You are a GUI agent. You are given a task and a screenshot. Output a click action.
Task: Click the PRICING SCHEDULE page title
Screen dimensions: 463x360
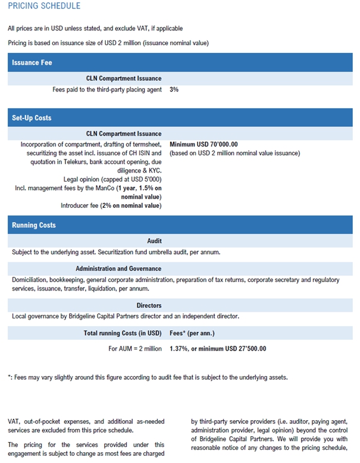click(x=44, y=6)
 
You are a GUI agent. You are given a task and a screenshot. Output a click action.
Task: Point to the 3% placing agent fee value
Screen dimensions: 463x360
click(x=174, y=89)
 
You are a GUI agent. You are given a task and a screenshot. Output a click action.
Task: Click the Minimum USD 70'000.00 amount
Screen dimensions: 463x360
click(x=204, y=144)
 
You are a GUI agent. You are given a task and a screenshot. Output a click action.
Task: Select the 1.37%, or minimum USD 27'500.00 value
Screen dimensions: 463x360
click(x=218, y=349)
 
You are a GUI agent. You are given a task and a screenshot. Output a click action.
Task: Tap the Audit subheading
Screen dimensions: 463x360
click(x=154, y=241)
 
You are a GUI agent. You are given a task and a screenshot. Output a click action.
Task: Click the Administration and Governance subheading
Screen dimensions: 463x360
click(x=118, y=268)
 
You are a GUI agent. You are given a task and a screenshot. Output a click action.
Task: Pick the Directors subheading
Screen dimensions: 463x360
click(x=149, y=305)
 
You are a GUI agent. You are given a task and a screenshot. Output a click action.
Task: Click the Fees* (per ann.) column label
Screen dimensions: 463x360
click(x=192, y=333)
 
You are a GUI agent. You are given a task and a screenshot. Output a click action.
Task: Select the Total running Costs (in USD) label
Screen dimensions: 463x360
click(x=123, y=333)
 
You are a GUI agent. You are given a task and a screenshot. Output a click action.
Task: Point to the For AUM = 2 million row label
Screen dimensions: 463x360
click(x=134, y=349)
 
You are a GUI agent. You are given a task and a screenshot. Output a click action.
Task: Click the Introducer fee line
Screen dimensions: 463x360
click(x=111, y=205)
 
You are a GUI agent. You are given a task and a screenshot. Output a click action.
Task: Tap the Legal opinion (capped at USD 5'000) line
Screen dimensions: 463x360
click(x=112, y=179)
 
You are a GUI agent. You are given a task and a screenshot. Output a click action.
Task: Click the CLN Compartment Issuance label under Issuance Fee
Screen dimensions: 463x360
click(x=124, y=78)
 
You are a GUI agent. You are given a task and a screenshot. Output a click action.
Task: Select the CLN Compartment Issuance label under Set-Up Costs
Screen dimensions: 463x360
click(x=124, y=134)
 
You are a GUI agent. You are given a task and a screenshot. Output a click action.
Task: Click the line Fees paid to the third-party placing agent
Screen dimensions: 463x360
click(x=107, y=89)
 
